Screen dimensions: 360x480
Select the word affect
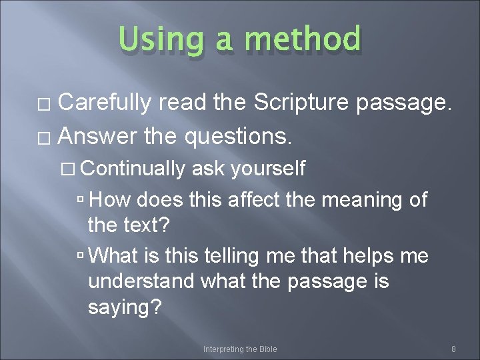click(x=251, y=199)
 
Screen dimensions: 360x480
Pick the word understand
click(x=141, y=282)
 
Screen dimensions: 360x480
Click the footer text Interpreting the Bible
click(x=240, y=349)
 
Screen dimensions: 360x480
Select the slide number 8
click(x=453, y=349)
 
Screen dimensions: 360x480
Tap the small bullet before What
click(x=80, y=256)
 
